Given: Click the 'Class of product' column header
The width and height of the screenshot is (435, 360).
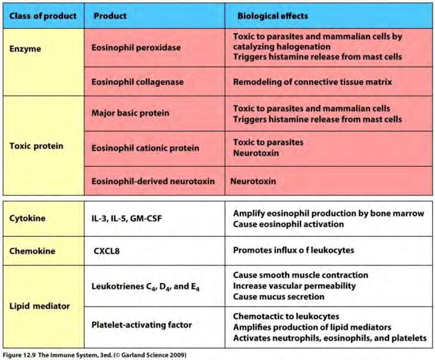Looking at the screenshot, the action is (43, 16).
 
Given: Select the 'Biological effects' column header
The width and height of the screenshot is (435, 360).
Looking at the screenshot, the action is (272, 16).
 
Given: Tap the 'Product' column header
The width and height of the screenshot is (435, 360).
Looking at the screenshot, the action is (110, 16).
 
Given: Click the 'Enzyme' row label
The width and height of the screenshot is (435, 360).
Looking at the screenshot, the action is (25, 49).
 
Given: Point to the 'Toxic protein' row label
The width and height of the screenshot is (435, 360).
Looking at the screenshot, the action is (36, 146).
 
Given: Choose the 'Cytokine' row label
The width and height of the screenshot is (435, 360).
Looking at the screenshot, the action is (28, 218).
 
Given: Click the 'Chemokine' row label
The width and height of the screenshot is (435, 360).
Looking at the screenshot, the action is (32, 251).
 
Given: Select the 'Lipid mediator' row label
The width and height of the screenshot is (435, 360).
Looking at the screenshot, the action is (40, 306).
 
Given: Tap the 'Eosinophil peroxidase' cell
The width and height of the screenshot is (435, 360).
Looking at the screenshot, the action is (136, 48).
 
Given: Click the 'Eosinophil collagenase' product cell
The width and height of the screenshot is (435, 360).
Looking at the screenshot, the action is (137, 82).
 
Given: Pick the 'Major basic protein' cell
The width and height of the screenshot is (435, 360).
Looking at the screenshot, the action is (130, 113).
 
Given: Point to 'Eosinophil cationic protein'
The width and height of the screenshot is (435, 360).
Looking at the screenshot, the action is (145, 148).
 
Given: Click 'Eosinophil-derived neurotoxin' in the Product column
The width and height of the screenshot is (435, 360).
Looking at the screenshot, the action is (153, 181).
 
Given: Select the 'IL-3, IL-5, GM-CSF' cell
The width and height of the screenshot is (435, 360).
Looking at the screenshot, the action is (127, 219).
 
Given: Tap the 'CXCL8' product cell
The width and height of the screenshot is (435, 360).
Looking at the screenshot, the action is (107, 251).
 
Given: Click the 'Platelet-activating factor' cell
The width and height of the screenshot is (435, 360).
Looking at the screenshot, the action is (142, 325).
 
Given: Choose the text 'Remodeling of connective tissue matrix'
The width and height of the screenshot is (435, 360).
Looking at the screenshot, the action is (312, 82).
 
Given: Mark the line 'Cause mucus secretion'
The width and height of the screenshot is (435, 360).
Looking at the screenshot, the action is (278, 297).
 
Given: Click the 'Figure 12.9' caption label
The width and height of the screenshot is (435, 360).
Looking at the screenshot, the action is (19, 355).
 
